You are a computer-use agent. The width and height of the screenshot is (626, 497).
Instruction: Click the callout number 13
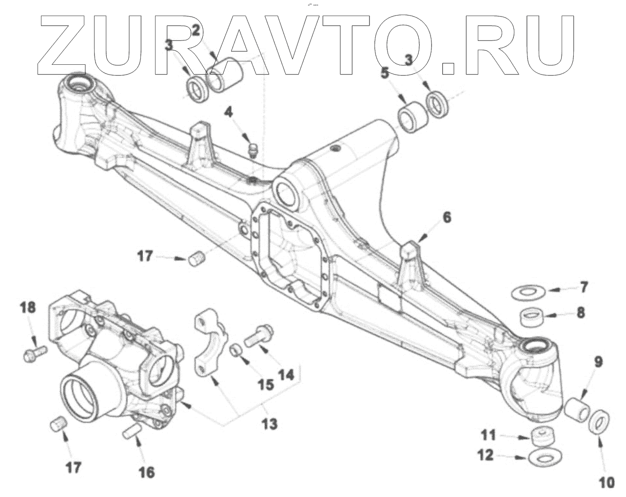(269, 423)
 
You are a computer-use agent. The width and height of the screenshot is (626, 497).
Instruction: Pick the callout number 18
(28, 307)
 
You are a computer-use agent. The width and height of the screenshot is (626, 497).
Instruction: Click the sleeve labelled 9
(576, 408)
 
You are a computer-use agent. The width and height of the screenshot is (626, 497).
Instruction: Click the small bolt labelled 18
(32, 352)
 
